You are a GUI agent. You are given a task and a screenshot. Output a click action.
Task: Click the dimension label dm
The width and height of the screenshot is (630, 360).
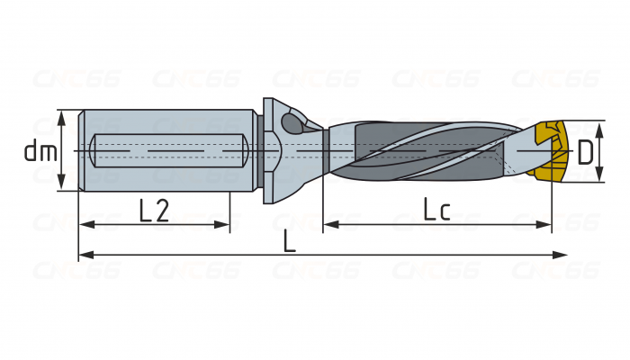click(40, 151)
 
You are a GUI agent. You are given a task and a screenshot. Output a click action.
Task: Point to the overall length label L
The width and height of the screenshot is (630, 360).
click(288, 240)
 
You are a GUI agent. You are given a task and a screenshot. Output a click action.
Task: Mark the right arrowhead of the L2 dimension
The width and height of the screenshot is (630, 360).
click(224, 224)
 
